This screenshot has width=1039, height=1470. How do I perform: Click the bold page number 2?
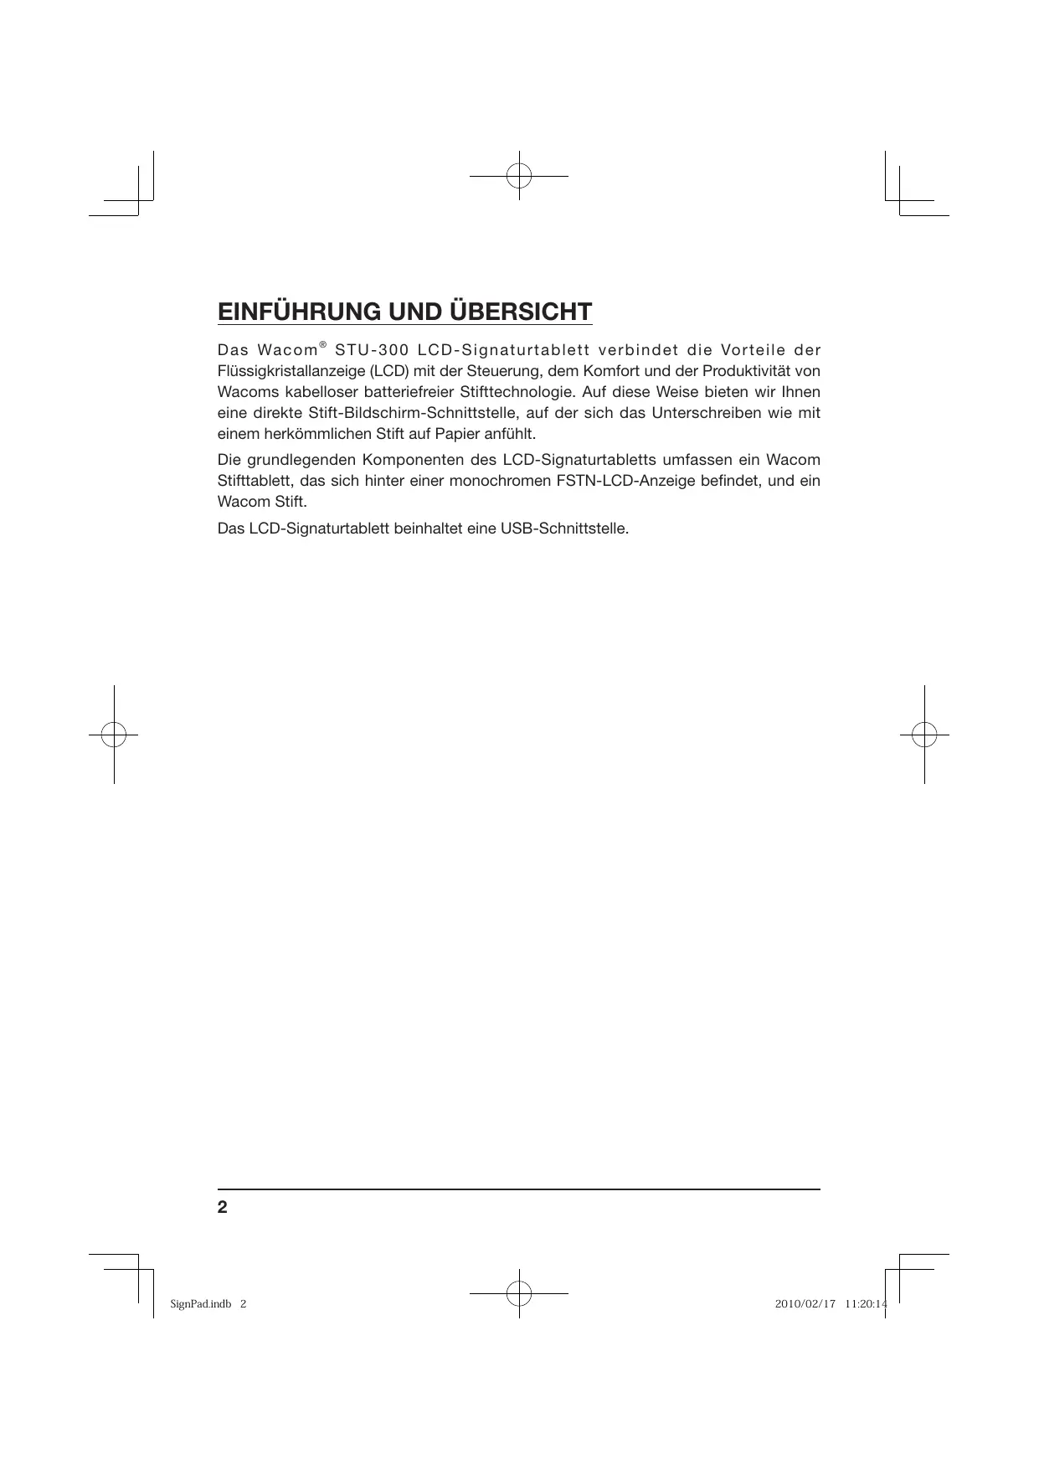click(222, 1207)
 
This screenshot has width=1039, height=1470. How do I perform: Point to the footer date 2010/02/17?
click(805, 1304)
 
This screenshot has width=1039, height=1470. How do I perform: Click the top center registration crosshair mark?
click(519, 176)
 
